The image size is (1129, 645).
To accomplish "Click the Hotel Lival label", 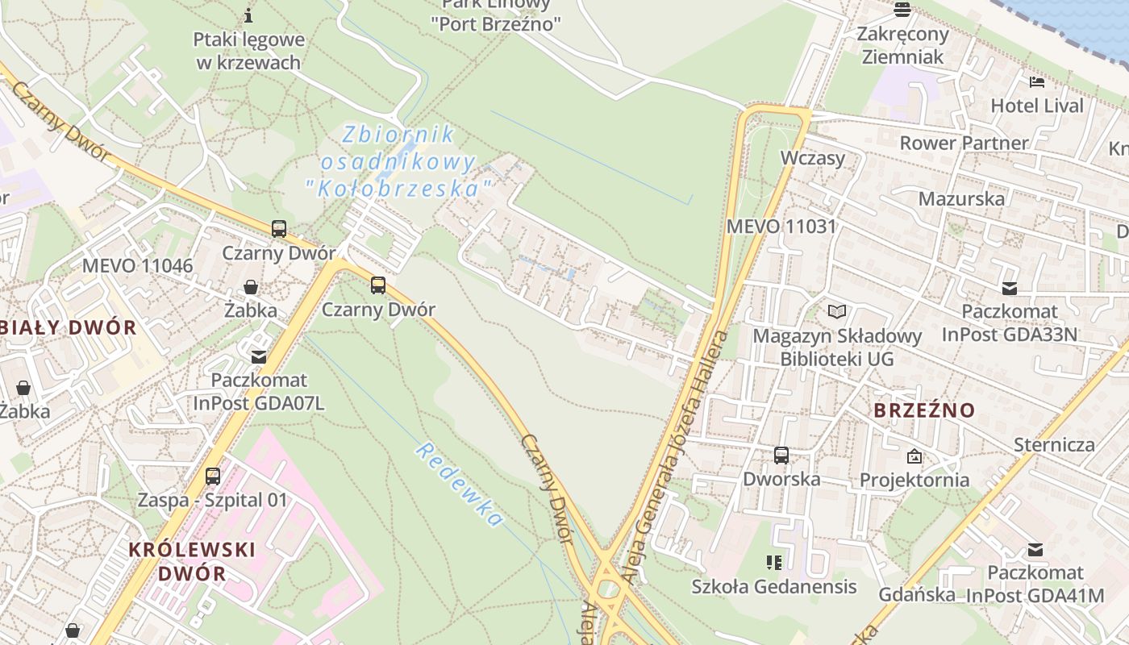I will (1037, 106).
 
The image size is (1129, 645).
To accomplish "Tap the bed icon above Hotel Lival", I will (1037, 81).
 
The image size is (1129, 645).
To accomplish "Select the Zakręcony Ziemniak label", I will (902, 45).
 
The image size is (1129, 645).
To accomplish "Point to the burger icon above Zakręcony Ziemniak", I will (902, 10).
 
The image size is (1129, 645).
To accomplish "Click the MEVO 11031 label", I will (781, 227).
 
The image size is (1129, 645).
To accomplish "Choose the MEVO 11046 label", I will (138, 266).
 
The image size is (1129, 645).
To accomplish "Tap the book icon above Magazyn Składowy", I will (837, 311).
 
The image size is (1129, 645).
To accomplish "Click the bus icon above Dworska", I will (781, 456).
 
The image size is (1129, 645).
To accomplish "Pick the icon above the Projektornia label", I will (914, 456).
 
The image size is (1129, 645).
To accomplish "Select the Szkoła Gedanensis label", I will (774, 586).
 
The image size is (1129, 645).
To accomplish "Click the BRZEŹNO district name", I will (924, 410).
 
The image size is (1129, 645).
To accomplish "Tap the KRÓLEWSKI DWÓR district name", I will (192, 561).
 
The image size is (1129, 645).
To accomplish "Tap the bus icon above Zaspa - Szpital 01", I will (213, 476).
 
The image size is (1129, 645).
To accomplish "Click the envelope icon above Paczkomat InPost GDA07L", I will (259, 356).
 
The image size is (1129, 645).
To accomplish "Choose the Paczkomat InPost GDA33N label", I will (1009, 322).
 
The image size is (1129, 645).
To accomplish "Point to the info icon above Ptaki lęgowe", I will (248, 15).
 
